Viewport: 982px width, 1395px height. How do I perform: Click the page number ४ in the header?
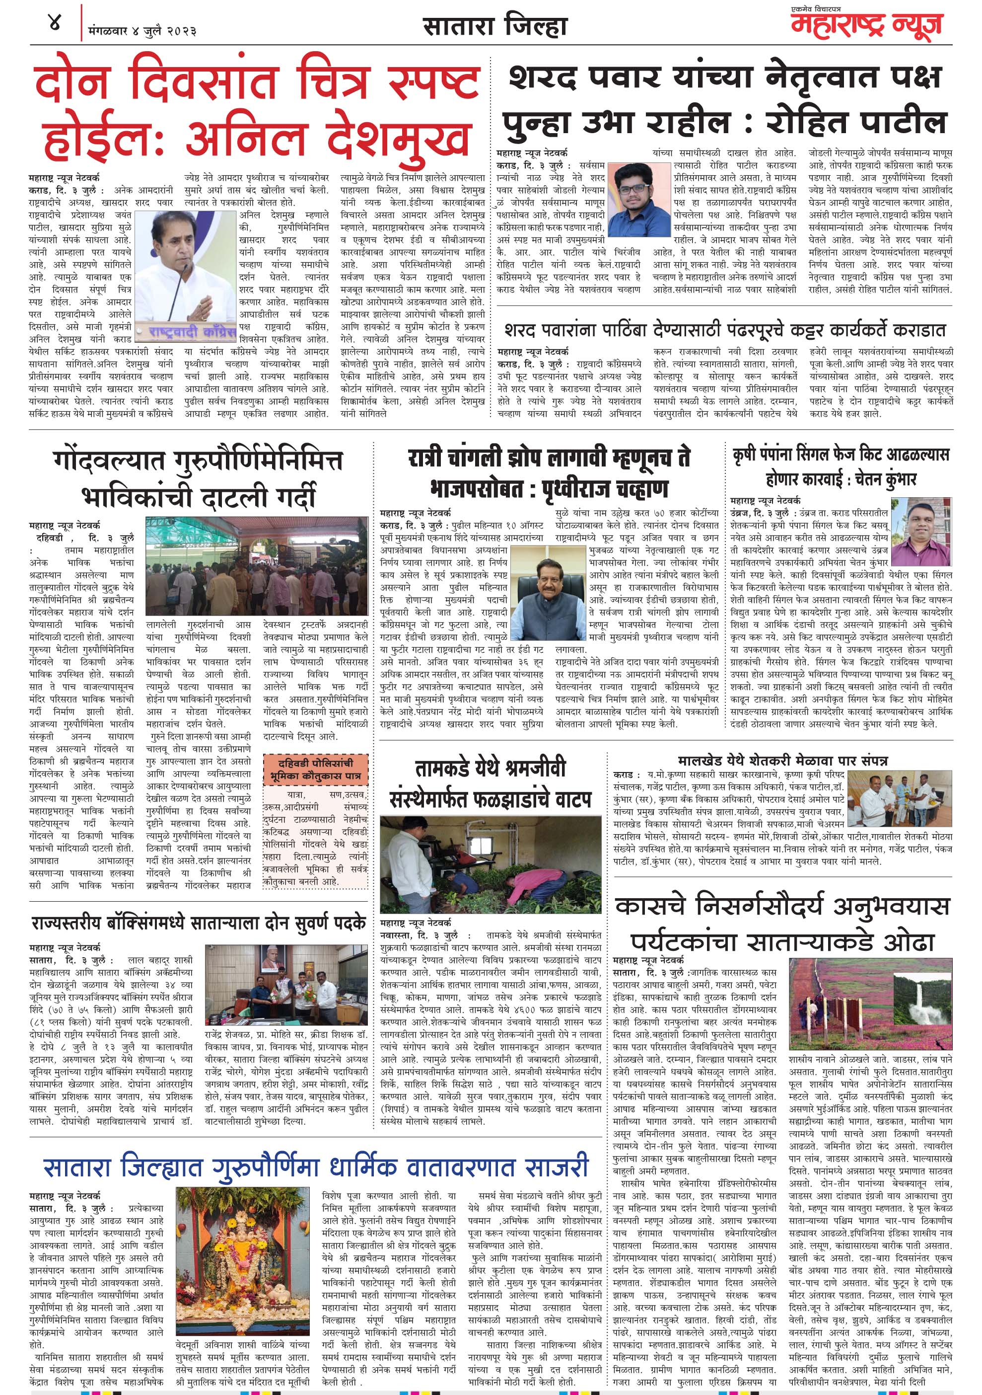pos(54,25)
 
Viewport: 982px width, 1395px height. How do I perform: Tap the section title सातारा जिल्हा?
pos(494,27)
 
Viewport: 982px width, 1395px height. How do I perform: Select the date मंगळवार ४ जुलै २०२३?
pos(142,30)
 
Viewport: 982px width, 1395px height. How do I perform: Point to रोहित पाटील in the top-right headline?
pos(857,121)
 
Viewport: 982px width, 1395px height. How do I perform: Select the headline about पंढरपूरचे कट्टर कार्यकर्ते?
pos(724,330)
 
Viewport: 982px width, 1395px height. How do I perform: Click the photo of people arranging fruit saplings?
pos(491,863)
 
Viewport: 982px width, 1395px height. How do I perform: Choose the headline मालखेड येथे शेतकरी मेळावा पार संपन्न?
pos(783,761)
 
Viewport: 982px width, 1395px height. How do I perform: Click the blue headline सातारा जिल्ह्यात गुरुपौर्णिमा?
pos(316,1167)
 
